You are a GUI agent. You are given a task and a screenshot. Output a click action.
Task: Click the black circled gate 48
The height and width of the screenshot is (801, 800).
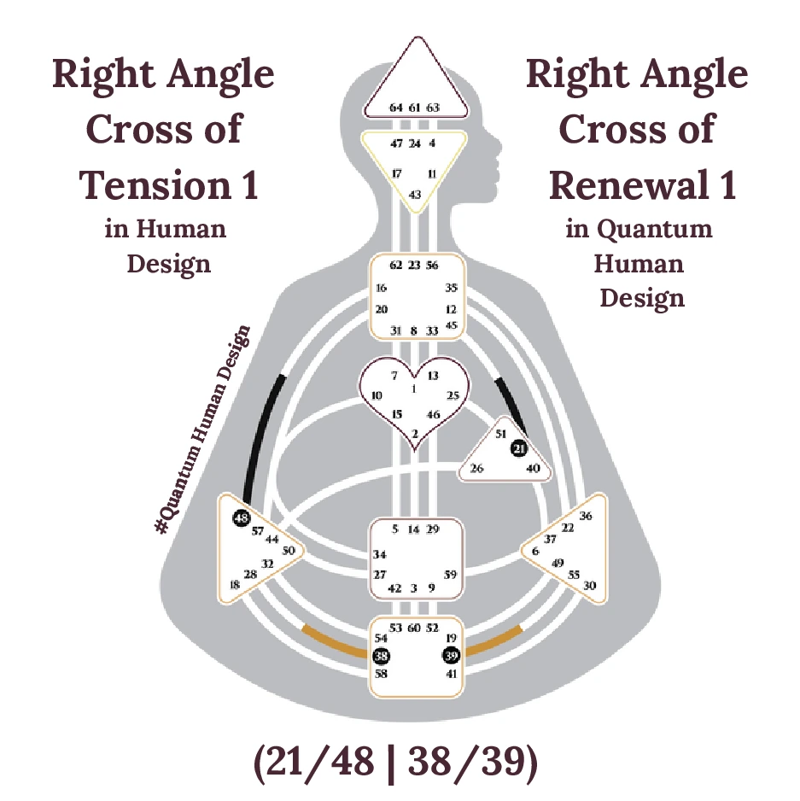[241, 518]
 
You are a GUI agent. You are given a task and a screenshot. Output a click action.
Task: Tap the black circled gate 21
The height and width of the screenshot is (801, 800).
[519, 448]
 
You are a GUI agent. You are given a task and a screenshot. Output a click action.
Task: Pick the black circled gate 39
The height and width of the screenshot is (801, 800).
[450, 656]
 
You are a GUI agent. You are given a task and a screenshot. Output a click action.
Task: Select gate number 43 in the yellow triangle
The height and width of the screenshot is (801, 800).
[415, 195]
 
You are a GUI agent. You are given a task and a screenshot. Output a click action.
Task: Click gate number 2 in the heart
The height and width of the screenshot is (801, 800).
[415, 434]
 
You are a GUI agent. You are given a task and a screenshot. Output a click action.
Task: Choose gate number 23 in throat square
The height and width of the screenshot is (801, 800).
[414, 266]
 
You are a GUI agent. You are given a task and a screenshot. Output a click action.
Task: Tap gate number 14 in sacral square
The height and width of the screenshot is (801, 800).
[414, 529]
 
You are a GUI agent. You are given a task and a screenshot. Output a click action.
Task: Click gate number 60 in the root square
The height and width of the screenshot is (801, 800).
[414, 629]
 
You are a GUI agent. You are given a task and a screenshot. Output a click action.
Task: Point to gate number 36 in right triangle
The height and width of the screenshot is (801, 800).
[585, 517]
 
